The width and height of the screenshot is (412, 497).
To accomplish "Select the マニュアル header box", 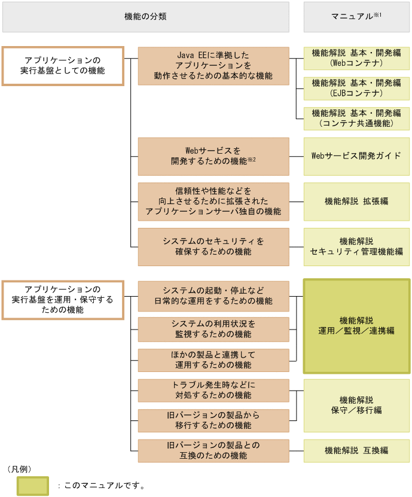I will (x=356, y=17).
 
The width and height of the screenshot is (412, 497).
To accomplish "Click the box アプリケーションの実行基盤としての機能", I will (x=63, y=66).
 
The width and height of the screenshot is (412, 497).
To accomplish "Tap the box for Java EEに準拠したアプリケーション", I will (x=213, y=66).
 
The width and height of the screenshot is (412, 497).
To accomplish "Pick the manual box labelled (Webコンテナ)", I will (x=356, y=57).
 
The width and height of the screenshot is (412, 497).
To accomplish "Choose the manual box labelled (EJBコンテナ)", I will (x=356, y=89).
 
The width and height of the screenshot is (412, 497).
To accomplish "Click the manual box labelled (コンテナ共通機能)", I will (x=356, y=118).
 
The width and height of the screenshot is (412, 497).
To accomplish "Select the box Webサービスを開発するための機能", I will (x=213, y=156).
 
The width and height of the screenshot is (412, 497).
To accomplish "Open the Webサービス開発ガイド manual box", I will (x=356, y=156).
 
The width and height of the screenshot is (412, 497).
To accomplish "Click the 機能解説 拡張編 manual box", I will (x=356, y=202).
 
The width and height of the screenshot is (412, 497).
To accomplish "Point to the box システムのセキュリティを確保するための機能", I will (x=213, y=246).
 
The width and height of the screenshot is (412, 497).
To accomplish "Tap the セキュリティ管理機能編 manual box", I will (x=356, y=246).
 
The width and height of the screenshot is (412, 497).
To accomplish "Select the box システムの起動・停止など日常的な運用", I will (x=213, y=295).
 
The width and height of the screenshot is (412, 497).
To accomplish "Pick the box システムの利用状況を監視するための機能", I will (x=213, y=329).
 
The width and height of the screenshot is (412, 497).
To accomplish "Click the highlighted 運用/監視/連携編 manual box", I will (x=356, y=325).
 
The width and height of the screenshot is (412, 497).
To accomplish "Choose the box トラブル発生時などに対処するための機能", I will (x=213, y=390).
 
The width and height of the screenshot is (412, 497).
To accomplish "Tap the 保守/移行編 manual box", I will (x=356, y=405).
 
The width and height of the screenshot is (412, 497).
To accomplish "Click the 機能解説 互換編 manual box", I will (x=356, y=450).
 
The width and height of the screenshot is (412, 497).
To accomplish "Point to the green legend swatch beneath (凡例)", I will (x=33, y=485).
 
